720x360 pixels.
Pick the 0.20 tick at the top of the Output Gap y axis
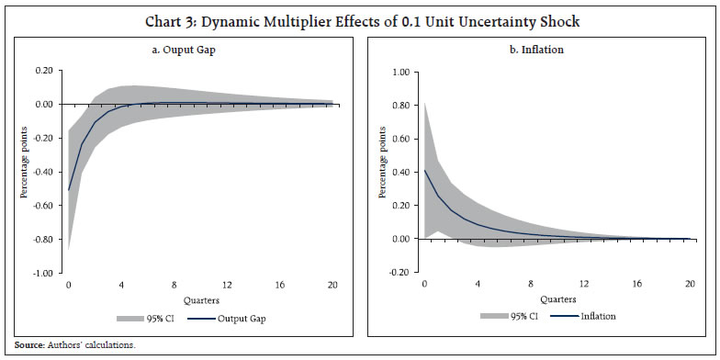tap(43, 70)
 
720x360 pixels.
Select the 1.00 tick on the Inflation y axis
tap(399, 70)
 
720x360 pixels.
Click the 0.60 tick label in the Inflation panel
tap(399, 138)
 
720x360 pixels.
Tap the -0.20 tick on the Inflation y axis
tap(397, 274)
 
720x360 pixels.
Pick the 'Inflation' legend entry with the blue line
tap(596, 316)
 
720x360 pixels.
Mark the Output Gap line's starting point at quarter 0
tap(68, 190)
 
